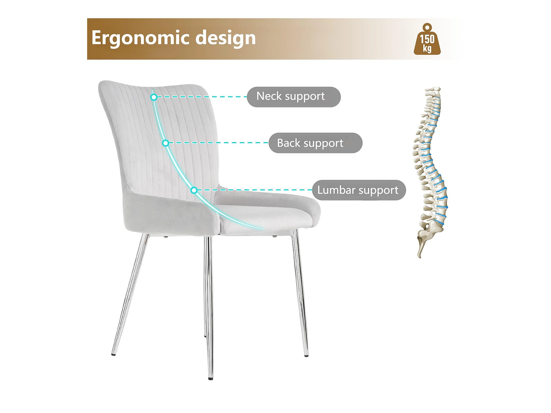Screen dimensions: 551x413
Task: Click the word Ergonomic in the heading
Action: (141, 38)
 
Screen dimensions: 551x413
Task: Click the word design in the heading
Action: (226, 38)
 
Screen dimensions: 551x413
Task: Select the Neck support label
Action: (294, 97)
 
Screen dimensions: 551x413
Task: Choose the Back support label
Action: (315, 143)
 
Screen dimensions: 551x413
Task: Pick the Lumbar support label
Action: (359, 190)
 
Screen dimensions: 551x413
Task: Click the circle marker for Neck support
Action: (154, 97)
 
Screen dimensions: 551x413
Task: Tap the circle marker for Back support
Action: (165, 143)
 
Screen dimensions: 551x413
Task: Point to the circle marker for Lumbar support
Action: (194, 190)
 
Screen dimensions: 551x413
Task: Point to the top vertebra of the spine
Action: (433, 90)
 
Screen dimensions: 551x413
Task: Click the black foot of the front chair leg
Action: (211, 379)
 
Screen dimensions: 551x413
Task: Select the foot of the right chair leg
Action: (306, 356)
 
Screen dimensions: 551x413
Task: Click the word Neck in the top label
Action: (269, 96)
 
